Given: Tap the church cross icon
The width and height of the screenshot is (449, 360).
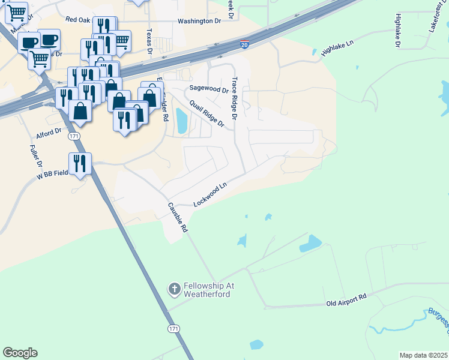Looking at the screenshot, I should (x=174, y=290).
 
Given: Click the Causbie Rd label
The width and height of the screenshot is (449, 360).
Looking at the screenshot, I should (x=178, y=218).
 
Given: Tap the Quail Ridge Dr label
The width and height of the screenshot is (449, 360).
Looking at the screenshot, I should (x=206, y=113).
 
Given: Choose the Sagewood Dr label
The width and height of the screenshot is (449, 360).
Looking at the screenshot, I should (x=209, y=89).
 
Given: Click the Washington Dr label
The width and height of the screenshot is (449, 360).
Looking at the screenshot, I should (x=199, y=21).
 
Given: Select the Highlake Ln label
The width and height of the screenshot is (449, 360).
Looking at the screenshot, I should (x=339, y=49).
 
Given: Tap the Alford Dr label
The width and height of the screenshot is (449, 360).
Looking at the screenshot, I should (x=49, y=131).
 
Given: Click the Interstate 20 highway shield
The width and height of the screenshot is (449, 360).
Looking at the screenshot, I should (x=244, y=44).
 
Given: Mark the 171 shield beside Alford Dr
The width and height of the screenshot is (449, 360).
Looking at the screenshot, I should (x=74, y=137).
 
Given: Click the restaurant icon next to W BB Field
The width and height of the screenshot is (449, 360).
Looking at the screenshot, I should (x=80, y=164).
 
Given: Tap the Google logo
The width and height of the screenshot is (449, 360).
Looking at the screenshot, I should (x=20, y=353).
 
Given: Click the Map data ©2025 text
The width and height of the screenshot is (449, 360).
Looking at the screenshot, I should (x=423, y=355).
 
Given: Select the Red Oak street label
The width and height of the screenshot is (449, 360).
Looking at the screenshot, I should (x=77, y=20).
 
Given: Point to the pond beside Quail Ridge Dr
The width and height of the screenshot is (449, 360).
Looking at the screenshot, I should (x=181, y=122).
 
